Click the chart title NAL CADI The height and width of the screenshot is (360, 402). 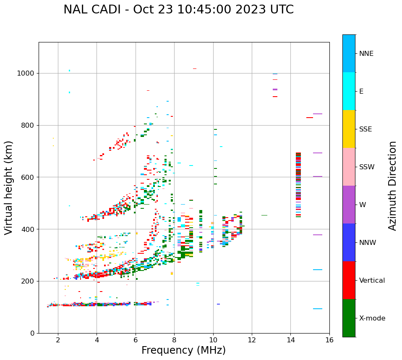point(178,10)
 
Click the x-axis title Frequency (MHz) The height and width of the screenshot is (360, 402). point(183,350)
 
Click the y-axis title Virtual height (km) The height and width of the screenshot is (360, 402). point(9,188)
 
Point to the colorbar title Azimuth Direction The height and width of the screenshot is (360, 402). point(392,186)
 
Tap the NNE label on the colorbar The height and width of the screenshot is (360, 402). point(366,54)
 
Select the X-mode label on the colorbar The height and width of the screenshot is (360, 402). point(372,318)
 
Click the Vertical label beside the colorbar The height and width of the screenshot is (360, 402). point(372,281)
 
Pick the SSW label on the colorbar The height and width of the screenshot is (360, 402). point(366,167)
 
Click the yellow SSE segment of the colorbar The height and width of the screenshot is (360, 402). point(349,129)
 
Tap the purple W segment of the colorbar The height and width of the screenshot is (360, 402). point(349,205)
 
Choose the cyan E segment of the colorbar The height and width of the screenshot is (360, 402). point(349,91)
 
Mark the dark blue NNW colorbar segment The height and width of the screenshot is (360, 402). point(349,242)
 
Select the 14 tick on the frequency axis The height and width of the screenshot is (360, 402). point(290,340)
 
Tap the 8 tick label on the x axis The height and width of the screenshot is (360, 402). point(174,340)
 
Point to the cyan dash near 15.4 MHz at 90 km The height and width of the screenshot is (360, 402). point(317,309)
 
